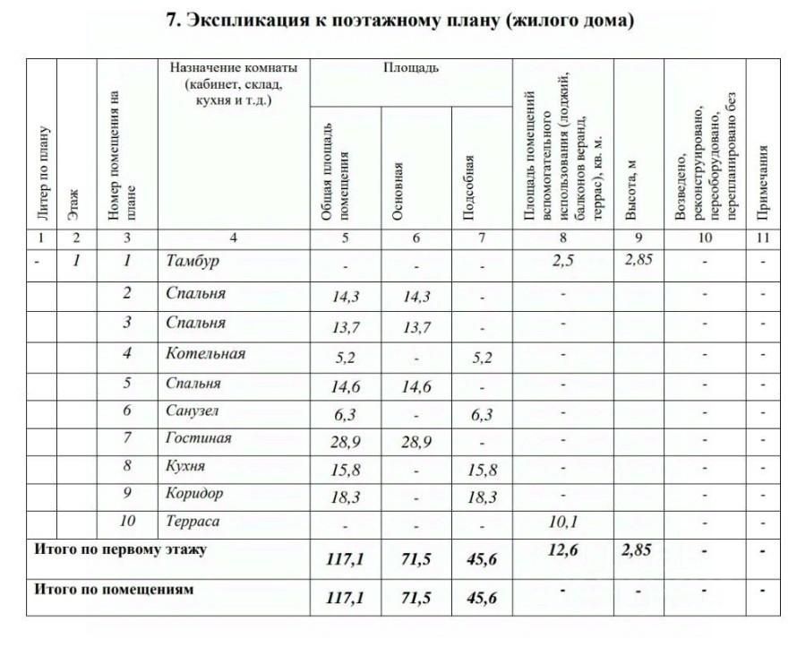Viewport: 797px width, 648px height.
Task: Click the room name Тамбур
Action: pos(193,261)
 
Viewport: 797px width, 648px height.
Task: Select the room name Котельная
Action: pos(205,353)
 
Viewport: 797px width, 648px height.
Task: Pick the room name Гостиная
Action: pos(198,437)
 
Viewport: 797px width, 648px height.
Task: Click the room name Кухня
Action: pos(185,465)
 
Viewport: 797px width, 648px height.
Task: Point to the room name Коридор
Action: pos(194,493)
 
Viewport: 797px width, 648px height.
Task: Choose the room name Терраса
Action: pos(193,521)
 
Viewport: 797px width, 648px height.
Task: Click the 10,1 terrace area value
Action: pos(561,523)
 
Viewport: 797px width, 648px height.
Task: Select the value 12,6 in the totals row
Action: pos(561,550)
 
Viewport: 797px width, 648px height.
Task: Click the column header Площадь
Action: pos(411,68)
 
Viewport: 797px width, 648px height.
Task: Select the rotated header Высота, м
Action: pos(631,189)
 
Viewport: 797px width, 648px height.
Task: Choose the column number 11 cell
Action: pos(763,238)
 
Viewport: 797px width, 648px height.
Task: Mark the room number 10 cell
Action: pos(127,521)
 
